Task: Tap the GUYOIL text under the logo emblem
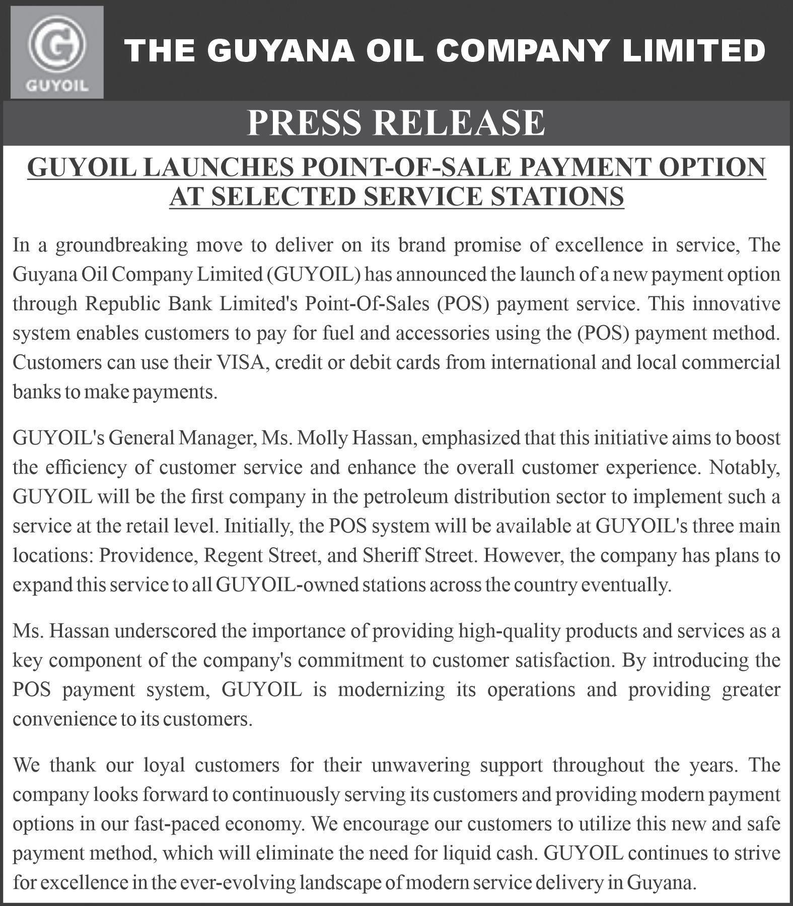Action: [57, 86]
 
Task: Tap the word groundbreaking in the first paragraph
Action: [121, 245]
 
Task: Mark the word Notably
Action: [744, 468]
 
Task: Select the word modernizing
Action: [391, 690]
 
